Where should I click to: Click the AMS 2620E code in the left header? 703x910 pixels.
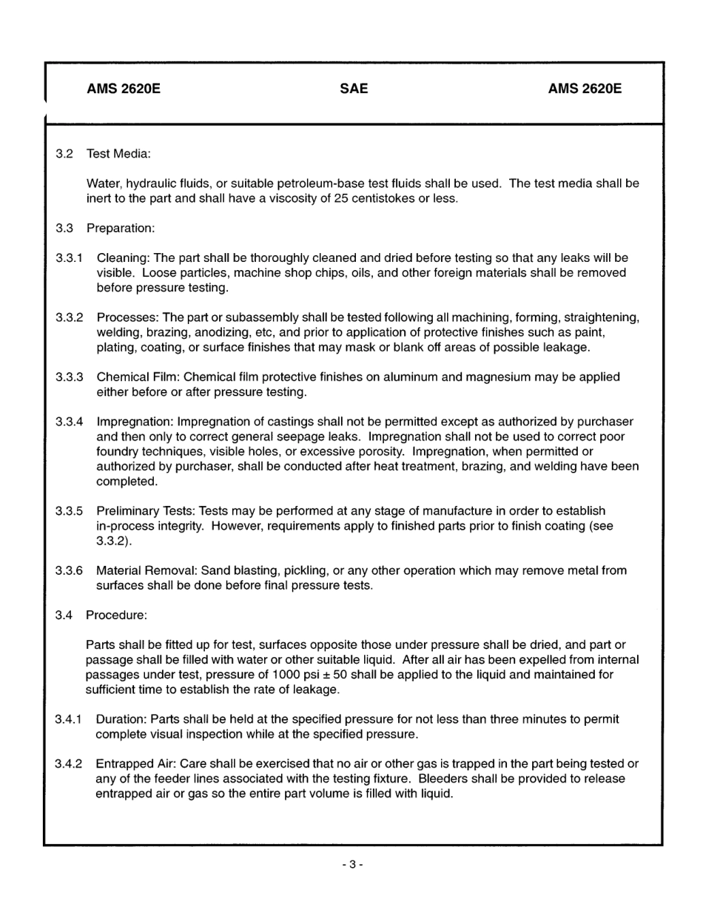coord(124,90)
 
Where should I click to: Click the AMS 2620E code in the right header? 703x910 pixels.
coord(585,90)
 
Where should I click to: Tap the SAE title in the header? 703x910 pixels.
coord(354,90)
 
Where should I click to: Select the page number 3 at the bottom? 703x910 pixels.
coord(353,864)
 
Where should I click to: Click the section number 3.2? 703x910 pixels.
coord(64,154)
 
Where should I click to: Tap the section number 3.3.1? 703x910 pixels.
coord(69,257)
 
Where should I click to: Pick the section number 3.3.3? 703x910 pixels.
coord(69,377)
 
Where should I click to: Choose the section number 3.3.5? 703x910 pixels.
coord(69,510)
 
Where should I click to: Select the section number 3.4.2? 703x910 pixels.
coord(69,764)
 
